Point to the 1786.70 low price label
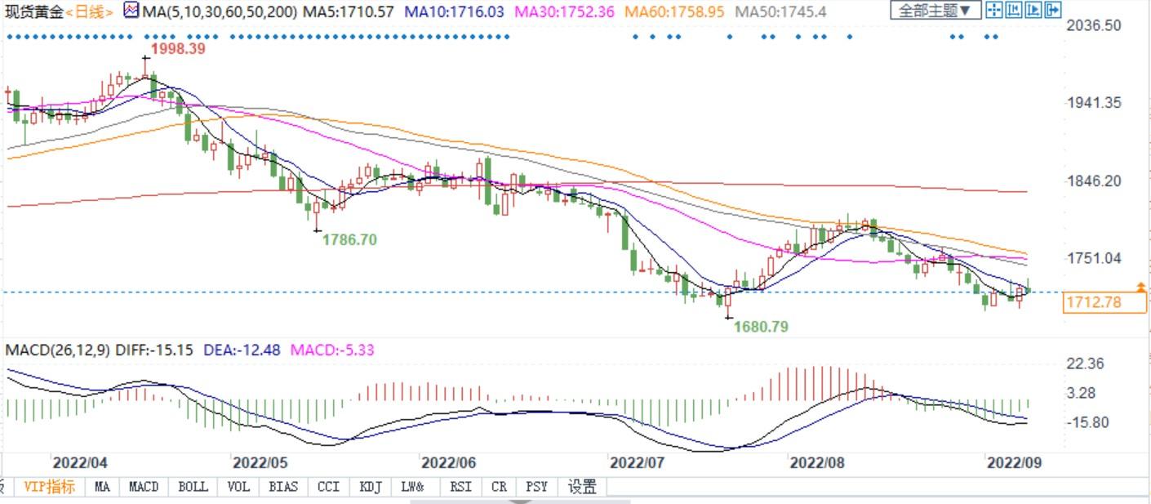349,240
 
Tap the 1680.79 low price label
761,327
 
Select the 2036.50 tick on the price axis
1094,25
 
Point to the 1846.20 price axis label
1094,181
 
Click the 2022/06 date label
448,462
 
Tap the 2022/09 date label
1015,462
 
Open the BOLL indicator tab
193,487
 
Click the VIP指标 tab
49,487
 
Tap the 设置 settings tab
582,487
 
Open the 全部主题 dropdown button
935,11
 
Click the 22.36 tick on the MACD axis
1085,364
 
